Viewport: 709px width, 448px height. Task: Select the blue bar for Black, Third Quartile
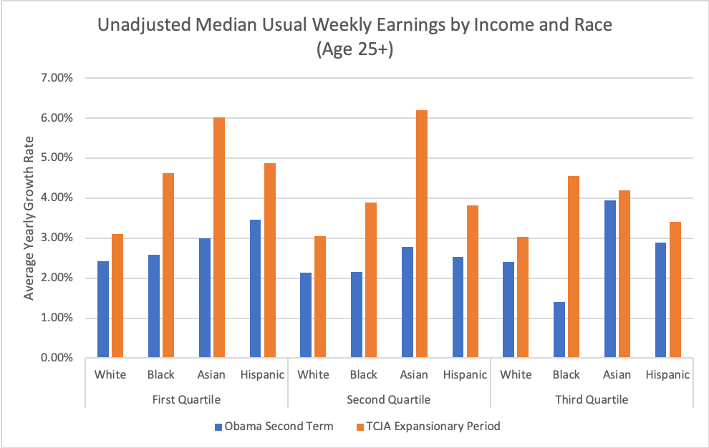click(x=559, y=329)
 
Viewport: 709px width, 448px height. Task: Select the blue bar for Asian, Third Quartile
click(x=610, y=279)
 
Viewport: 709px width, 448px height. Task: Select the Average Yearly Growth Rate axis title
click(x=30, y=218)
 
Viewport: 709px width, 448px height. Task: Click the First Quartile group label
click(x=186, y=399)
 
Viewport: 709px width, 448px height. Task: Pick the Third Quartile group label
click(x=592, y=399)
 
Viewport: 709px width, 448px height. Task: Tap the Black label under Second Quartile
click(x=364, y=375)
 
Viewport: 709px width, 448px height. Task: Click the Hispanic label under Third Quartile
click(x=667, y=375)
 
